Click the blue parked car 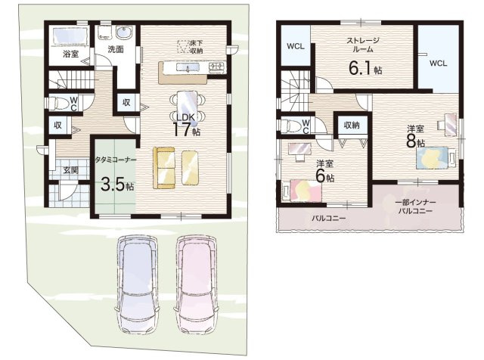point(138,284)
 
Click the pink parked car point(196,284)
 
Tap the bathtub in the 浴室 point(70,37)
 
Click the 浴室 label point(70,54)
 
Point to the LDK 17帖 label point(186,125)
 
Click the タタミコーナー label point(116,160)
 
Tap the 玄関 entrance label point(70,169)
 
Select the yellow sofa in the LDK point(164,168)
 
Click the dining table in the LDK point(188,107)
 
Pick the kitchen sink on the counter point(188,67)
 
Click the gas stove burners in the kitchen point(218,66)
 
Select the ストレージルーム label point(362,45)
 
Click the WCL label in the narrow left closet point(296,47)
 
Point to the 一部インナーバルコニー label point(415,207)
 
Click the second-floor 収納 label point(352,126)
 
